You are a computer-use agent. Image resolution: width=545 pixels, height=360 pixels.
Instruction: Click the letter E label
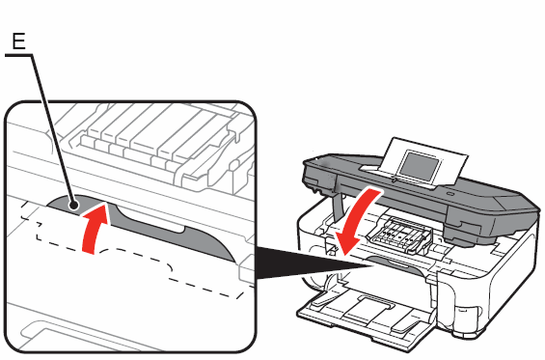(x=17, y=41)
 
